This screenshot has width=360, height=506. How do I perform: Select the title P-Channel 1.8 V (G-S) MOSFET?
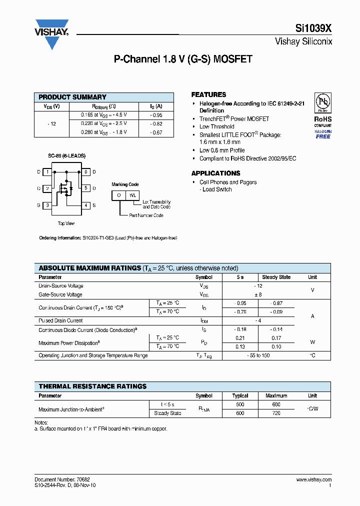(x=183, y=59)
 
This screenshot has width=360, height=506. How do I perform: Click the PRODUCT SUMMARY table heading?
(x=72, y=97)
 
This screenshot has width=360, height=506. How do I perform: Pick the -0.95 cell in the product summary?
(x=156, y=115)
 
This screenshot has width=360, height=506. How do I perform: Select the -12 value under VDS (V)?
(x=51, y=123)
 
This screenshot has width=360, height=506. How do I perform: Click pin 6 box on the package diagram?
(x=86, y=172)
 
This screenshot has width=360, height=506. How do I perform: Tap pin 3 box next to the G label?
(x=47, y=205)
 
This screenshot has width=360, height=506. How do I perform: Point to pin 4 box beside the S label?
(x=86, y=205)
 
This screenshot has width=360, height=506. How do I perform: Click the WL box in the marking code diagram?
(x=132, y=195)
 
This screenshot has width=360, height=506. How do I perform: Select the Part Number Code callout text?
(x=146, y=215)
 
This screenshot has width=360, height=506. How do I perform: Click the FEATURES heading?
(x=208, y=94)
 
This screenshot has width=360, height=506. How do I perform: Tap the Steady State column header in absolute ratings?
(x=276, y=277)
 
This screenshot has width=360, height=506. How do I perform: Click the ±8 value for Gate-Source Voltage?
(x=258, y=295)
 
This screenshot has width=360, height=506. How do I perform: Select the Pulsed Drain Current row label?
(x=60, y=320)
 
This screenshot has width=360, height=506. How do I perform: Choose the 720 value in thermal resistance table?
(x=276, y=413)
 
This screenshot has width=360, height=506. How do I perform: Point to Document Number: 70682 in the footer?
(x=62, y=479)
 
